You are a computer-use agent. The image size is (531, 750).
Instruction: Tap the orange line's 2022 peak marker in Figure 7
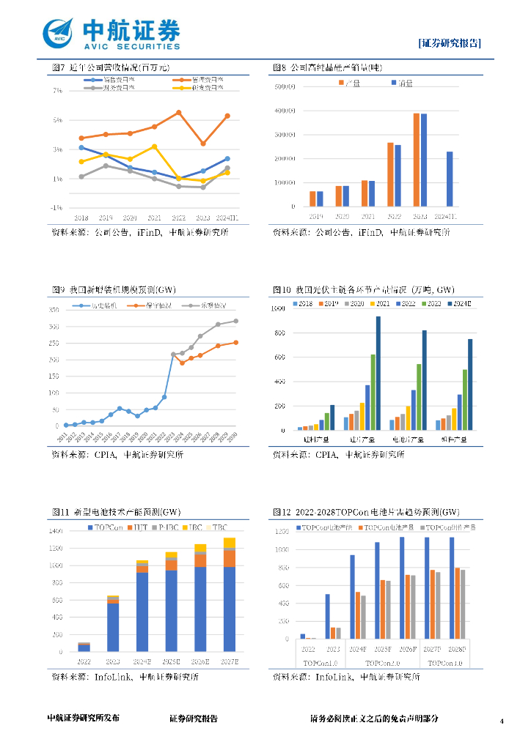pyautogui.click(x=179, y=112)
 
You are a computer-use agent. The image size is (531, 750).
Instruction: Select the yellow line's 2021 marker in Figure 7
pyautogui.click(x=155, y=146)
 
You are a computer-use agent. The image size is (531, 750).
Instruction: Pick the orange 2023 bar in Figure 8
pyautogui.click(x=417, y=160)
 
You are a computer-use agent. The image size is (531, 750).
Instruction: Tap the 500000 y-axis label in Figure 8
pyautogui.click(x=284, y=87)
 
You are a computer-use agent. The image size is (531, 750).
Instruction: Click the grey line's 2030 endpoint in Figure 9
pyautogui.click(x=235, y=321)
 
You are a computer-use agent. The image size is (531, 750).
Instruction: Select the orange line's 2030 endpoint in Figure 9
pyautogui.click(x=235, y=342)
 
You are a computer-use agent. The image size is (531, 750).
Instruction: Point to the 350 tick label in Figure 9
pyautogui.click(x=54, y=310)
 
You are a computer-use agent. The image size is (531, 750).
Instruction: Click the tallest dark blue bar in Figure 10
pyautogui.click(x=378, y=373)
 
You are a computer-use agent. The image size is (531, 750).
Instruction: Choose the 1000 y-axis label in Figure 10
pyautogui.click(x=279, y=309)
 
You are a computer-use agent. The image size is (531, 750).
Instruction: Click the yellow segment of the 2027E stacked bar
pyautogui.click(x=230, y=542)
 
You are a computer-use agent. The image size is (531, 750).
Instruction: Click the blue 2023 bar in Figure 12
pyautogui.click(x=327, y=616)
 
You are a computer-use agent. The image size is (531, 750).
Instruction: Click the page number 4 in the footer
pyautogui.click(x=502, y=721)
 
